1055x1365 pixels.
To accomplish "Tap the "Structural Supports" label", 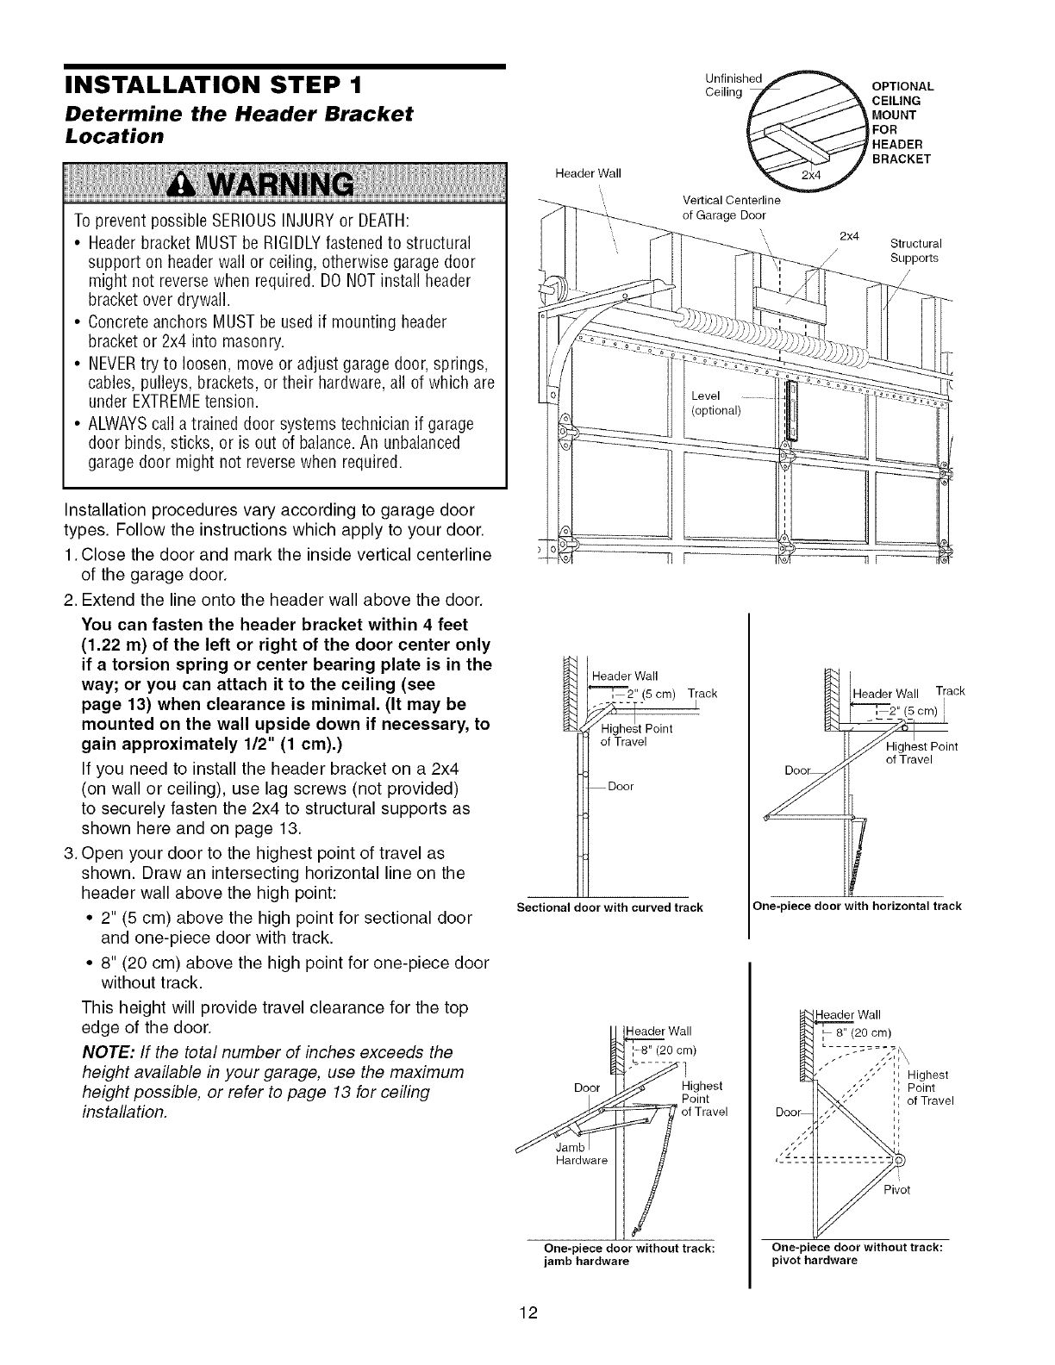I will pos(915,250).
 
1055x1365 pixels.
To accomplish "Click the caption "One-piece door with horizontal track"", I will pos(857,907).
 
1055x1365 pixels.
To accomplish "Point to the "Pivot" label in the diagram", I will pos(896,1190).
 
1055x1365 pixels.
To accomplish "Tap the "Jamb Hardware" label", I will pos(582,1154).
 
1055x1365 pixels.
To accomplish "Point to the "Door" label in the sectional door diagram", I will pos(621,786).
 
